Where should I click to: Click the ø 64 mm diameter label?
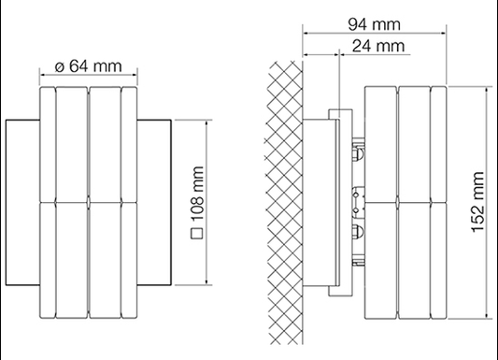click(88, 65)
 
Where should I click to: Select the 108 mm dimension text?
click(197, 194)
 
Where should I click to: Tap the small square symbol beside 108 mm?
click(197, 234)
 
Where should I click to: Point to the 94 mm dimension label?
click(374, 24)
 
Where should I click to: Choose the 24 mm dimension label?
click(378, 46)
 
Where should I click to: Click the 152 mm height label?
click(477, 202)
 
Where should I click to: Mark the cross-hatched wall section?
click(284, 203)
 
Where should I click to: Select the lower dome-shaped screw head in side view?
click(359, 231)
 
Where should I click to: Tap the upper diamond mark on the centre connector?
click(356, 194)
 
